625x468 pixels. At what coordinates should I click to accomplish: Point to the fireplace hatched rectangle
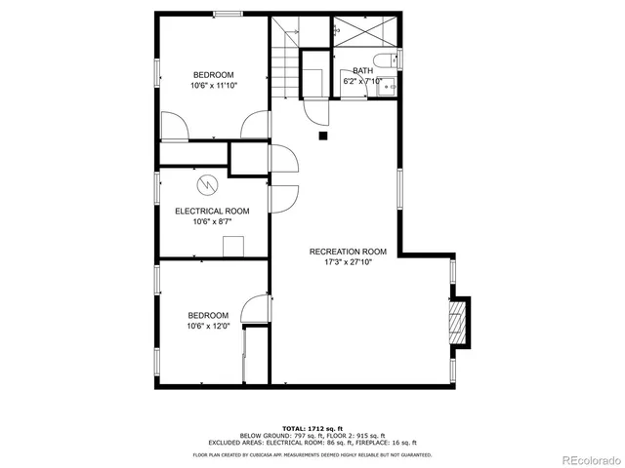tap(456, 321)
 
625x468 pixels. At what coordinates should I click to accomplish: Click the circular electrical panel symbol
tap(207, 183)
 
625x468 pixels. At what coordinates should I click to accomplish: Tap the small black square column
tap(322, 136)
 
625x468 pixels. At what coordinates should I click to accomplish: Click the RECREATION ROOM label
tap(348, 252)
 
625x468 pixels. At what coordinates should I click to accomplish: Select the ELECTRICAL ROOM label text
tap(212, 211)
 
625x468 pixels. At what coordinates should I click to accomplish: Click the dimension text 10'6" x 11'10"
tap(213, 86)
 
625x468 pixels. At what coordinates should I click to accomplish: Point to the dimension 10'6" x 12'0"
tap(209, 326)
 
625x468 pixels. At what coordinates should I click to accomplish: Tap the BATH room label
tap(362, 70)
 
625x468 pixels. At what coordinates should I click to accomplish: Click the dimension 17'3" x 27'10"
tap(348, 261)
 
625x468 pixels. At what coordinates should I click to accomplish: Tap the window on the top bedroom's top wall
tap(229, 14)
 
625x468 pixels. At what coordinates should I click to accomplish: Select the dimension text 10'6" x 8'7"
tap(212, 221)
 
